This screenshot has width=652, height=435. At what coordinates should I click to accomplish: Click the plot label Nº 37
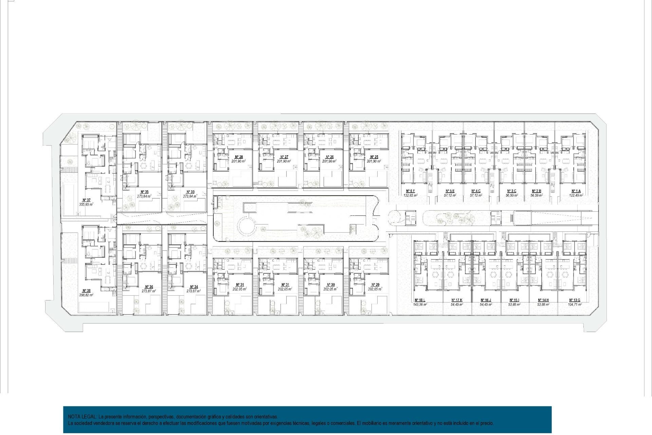pos(86,200)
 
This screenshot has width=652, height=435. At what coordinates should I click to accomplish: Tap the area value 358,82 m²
pos(86,295)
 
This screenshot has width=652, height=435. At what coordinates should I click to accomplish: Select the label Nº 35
pos(144,192)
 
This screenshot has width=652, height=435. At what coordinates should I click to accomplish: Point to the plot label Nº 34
pos(194,287)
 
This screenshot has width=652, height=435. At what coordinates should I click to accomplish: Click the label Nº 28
pos(239,157)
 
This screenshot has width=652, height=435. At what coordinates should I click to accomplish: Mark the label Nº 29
pos(375,285)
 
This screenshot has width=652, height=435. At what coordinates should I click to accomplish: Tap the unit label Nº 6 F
pos(410,191)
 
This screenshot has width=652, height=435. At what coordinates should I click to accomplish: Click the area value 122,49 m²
pos(576,195)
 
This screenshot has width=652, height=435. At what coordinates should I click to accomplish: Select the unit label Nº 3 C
pos(511,191)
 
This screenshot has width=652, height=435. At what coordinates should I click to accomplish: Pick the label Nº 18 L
pos(420,300)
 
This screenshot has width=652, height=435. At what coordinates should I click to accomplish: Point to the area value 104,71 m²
pos(575,304)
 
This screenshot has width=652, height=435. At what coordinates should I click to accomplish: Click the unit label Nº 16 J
pos(486,300)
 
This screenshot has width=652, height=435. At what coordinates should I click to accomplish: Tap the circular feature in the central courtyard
pos(248,226)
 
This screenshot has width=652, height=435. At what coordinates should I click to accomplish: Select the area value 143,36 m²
pos(420,304)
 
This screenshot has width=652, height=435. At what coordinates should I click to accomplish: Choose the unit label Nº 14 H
pos(543,300)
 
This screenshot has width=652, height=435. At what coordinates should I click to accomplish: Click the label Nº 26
pos(329,157)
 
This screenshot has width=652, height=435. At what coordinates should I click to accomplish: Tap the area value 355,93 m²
pos(86,204)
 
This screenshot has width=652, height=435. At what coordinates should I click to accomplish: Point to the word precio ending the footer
pos(487,423)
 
